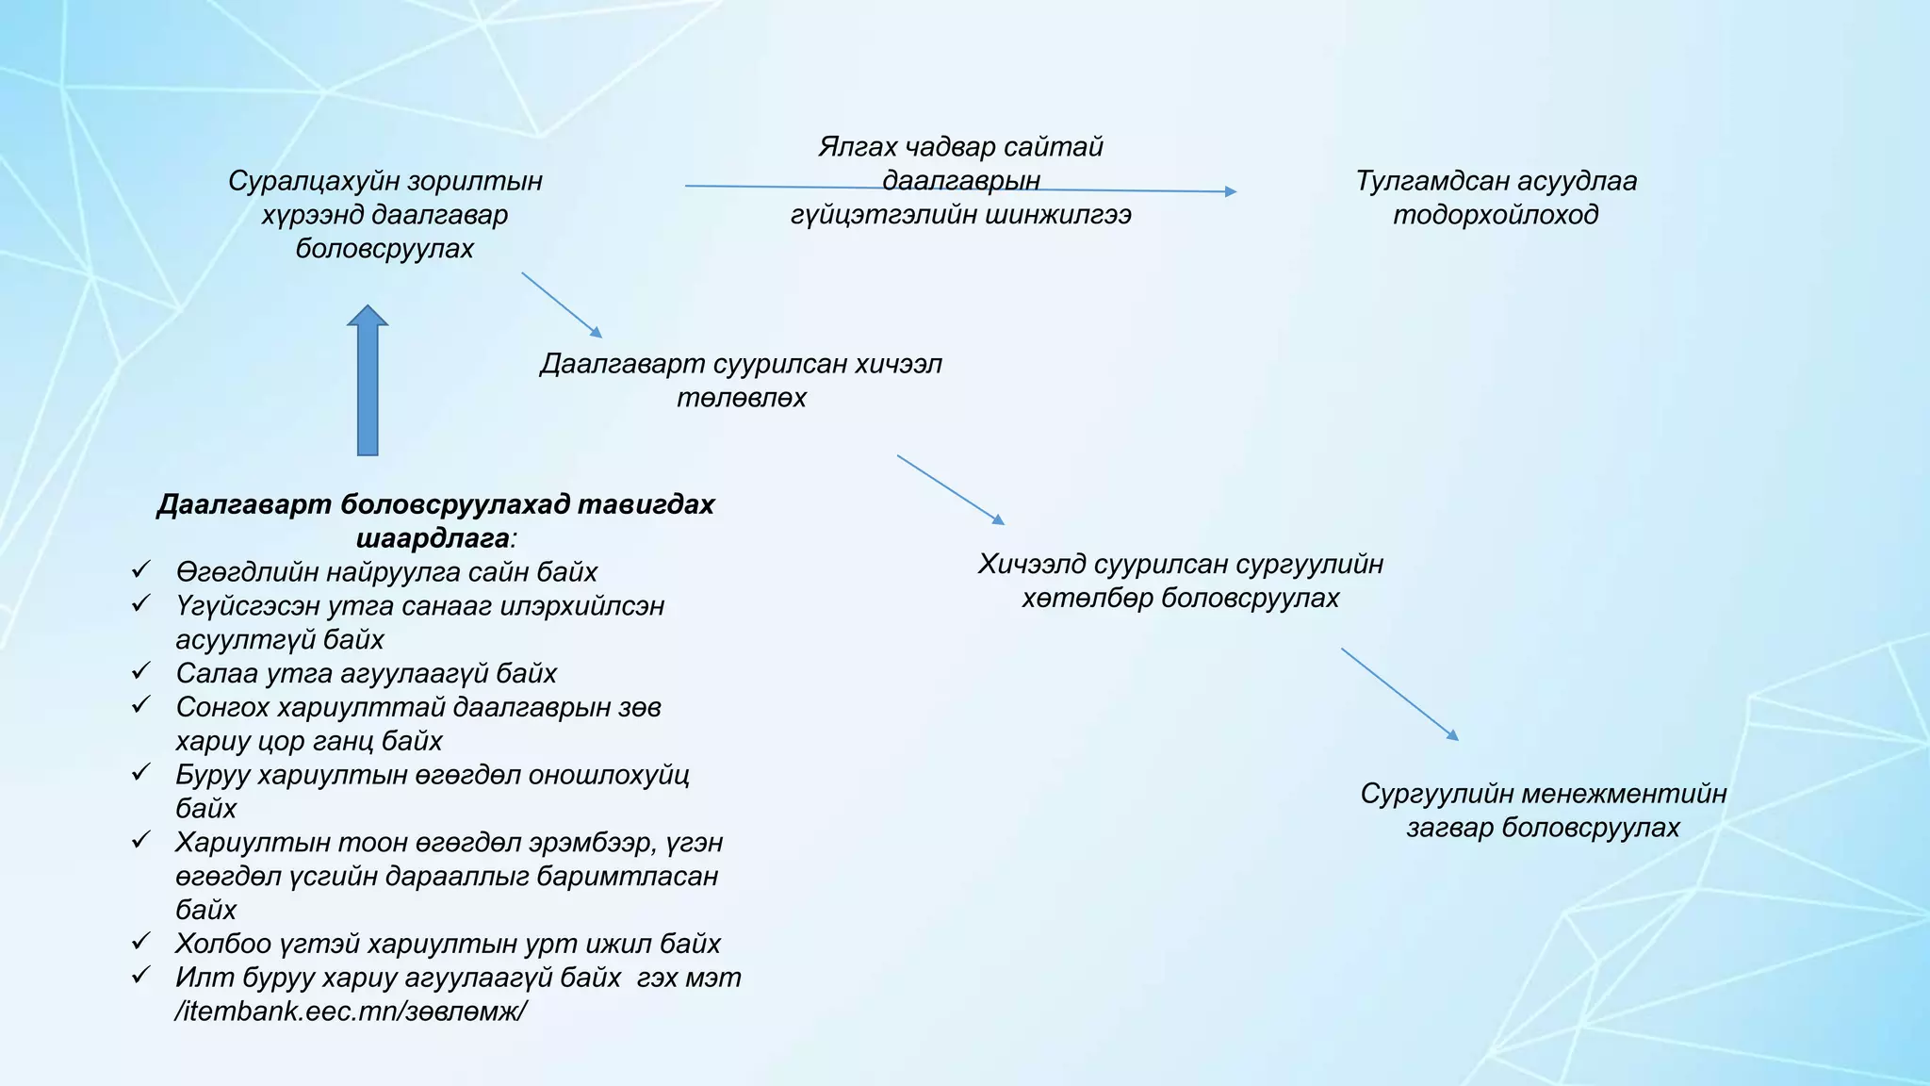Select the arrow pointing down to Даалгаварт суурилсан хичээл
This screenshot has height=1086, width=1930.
click(562, 304)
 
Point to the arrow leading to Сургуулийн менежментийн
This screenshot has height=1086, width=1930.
click(1399, 693)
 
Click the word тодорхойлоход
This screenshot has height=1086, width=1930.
click(1496, 215)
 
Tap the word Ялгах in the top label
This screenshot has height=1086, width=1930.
click(857, 147)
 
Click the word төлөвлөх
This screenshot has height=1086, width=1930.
click(742, 398)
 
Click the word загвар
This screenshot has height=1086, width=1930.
click(1449, 828)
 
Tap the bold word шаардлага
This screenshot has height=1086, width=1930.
click(433, 539)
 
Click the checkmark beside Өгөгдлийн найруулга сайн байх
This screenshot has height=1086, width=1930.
click(141, 569)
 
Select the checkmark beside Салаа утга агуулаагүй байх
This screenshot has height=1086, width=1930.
click(141, 671)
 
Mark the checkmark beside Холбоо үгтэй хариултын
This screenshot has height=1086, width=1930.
click(141, 941)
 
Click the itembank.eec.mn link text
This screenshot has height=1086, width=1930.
click(351, 1012)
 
